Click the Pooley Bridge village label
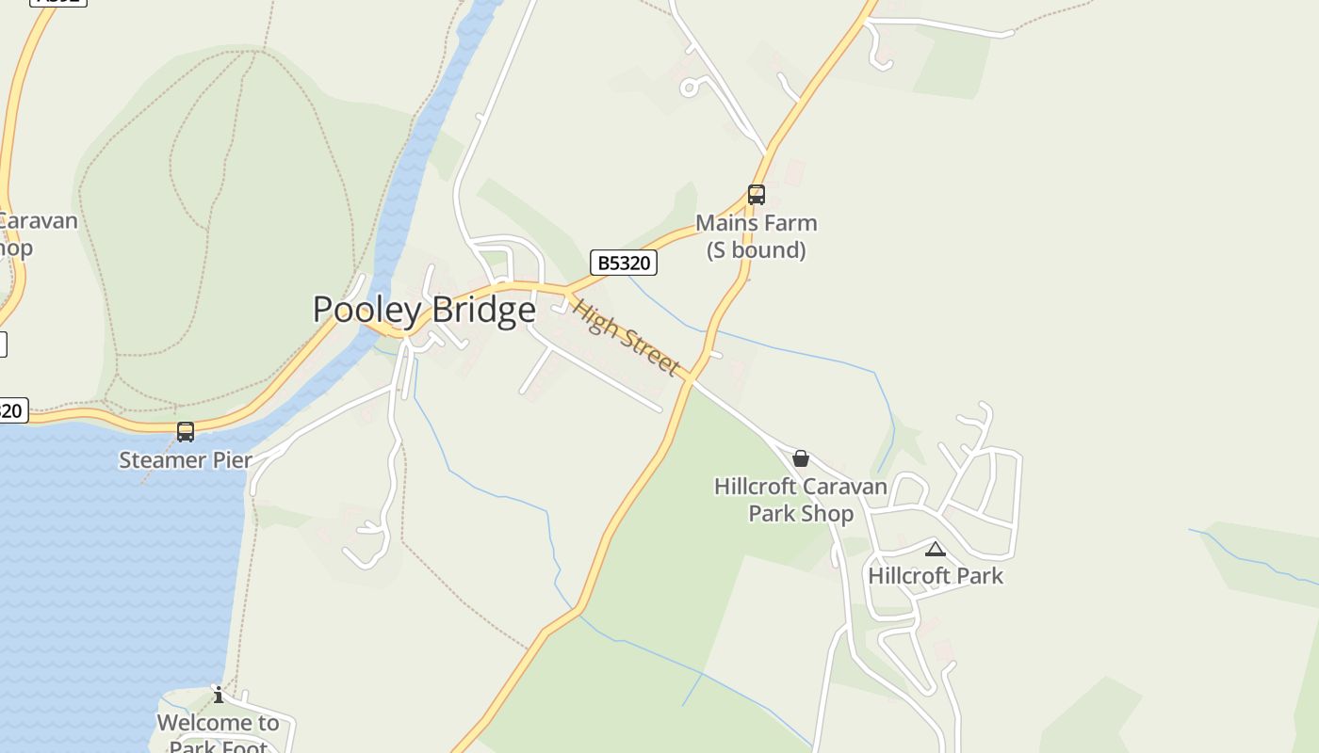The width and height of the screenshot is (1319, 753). coord(424,310)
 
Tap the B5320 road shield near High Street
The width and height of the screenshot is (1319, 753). coord(624,263)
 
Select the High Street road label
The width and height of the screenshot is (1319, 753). coord(627,338)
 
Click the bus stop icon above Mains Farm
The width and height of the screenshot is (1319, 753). coord(757,195)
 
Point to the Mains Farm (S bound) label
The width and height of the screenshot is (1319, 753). coord(757,236)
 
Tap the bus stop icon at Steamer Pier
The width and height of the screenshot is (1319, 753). coord(186,432)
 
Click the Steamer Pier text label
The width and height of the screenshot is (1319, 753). coord(186,460)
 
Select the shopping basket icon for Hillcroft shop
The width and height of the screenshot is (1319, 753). coord(801,458)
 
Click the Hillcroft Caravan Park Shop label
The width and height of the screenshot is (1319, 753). coord(801,500)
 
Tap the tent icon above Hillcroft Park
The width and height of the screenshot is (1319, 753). coord(935,550)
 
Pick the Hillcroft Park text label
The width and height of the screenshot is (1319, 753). coord(936,575)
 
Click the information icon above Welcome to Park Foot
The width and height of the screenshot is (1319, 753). coord(219,695)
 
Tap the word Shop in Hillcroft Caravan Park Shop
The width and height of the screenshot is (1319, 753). coord(827,514)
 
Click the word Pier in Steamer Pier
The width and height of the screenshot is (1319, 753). coord(232,460)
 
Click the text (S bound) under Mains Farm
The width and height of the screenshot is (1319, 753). coord(757,250)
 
